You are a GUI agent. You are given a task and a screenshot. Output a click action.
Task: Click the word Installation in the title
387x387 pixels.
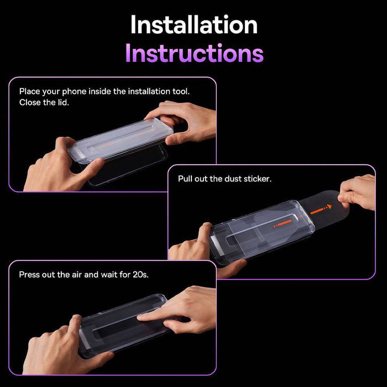[x=193, y=25]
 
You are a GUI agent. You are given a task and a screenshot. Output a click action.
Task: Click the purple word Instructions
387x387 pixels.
[x=193, y=53]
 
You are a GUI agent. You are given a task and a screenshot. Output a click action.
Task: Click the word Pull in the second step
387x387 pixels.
[x=186, y=179]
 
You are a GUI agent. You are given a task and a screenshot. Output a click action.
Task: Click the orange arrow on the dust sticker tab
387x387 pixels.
[x=321, y=209]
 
